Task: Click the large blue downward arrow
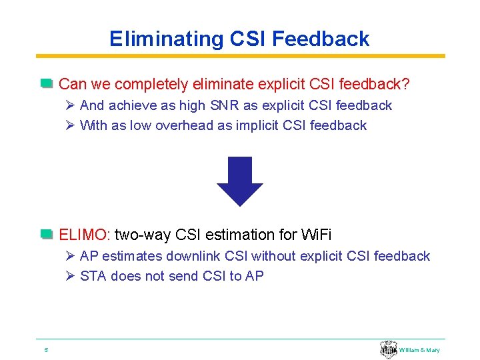[239, 181]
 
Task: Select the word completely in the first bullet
[153, 85]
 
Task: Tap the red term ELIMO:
[85, 235]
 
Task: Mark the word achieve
[130, 105]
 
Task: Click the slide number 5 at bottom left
[45, 349]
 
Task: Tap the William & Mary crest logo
[388, 349]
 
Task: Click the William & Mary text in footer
[419, 350]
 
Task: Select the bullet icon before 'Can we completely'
[46, 84]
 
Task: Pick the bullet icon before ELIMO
[46, 234]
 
